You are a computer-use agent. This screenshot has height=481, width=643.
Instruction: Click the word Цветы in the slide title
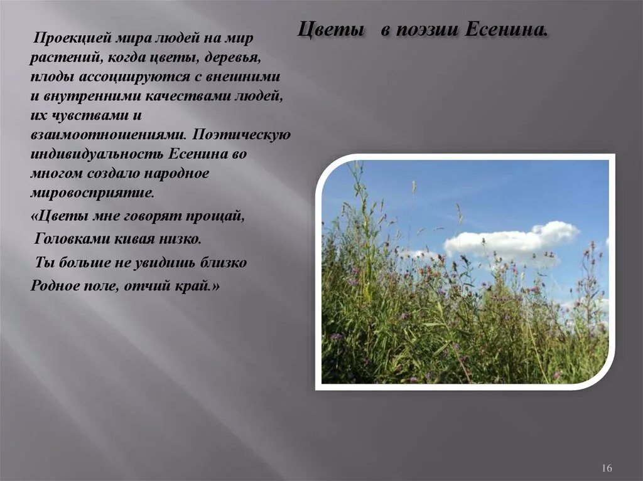pos(330,29)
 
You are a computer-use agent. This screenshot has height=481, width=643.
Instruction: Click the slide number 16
pos(607,468)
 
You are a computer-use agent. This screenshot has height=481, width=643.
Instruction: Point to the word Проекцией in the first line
pos(73,38)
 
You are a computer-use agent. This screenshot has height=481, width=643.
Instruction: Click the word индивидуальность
pos(97,154)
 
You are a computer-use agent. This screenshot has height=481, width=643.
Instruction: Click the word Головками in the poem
pos(69,239)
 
